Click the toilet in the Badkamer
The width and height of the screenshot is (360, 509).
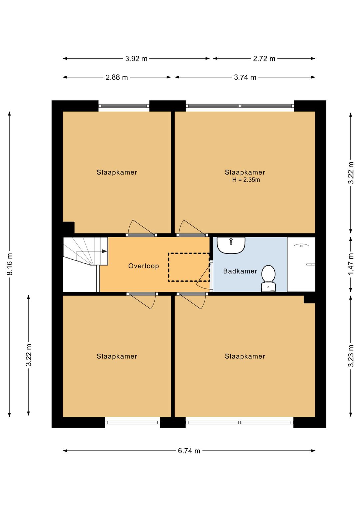[268, 278]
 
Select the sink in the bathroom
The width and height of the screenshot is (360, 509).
[231, 245]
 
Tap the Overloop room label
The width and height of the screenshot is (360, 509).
[144, 266]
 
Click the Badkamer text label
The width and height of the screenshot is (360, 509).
[240, 271]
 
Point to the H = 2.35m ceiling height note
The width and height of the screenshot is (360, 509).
[246, 180]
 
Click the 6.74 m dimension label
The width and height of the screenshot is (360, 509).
[189, 451]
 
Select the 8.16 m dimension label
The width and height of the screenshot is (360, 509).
[10, 264]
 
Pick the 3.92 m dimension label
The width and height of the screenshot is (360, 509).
[136, 59]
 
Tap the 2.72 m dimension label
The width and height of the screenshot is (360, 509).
[264, 59]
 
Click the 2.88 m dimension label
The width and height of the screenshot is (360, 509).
[117, 77]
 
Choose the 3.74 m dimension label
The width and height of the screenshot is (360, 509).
[245, 77]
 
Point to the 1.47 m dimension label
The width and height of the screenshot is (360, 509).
[351, 264]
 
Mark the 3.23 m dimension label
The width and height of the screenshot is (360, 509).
[351, 356]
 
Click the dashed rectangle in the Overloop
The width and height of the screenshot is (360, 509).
[189, 267]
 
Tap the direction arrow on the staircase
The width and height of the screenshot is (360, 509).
[104, 251]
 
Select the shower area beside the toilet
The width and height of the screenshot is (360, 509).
[301, 264]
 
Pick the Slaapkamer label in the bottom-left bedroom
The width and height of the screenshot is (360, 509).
[117, 356]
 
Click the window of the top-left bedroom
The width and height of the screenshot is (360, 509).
[124, 106]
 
